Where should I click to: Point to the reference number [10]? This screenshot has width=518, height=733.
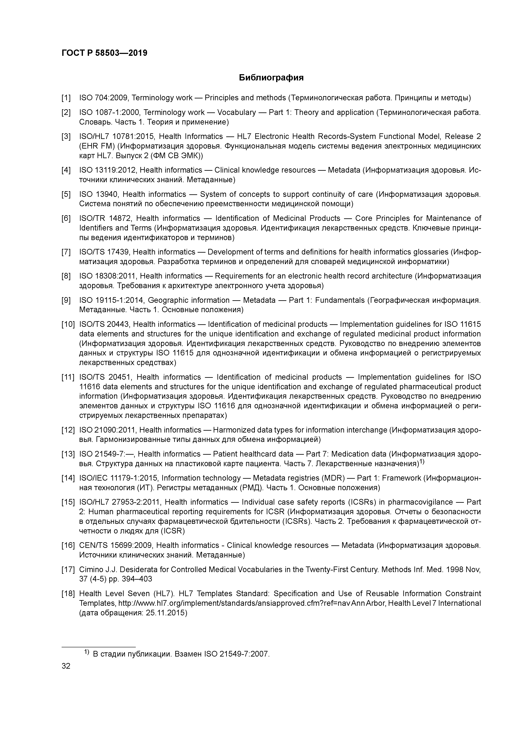(x=68, y=324)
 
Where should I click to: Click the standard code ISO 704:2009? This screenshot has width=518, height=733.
(x=104, y=98)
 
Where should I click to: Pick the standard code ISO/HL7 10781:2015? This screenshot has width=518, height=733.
(x=117, y=137)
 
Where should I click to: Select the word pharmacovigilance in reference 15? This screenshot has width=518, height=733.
(x=420, y=502)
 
